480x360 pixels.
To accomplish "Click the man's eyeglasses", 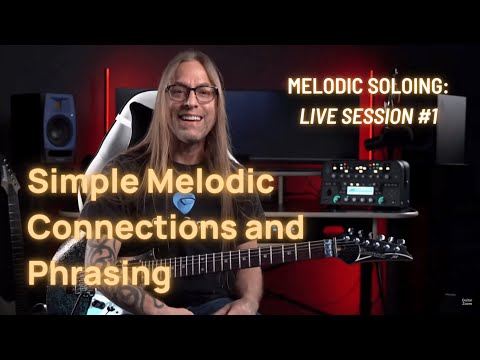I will tap(192, 94).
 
